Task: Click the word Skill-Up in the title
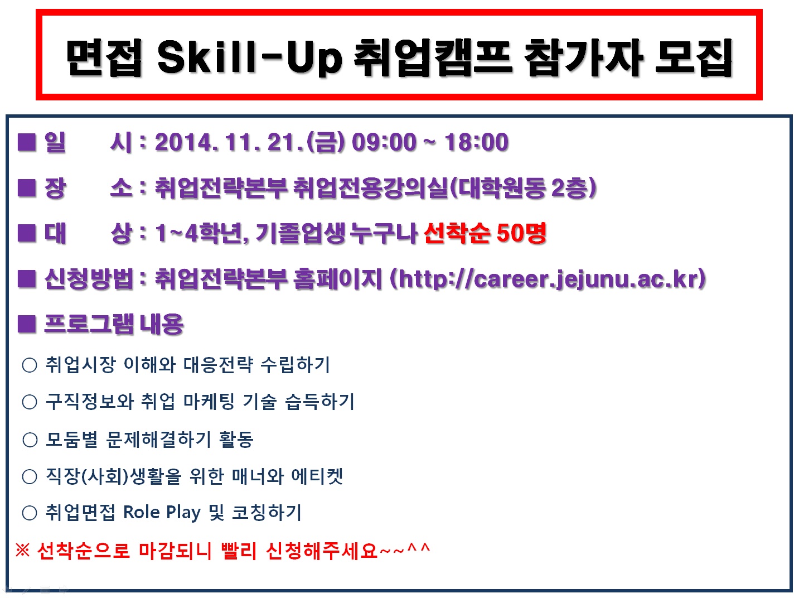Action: pyautogui.click(x=249, y=57)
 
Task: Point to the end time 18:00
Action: pyautogui.click(x=476, y=142)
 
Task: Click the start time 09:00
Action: pyautogui.click(x=384, y=142)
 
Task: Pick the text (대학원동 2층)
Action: pyautogui.click(x=523, y=188)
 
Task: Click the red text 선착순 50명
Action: pyautogui.click(x=485, y=233)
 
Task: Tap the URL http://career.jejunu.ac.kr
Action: pyautogui.click(x=548, y=278)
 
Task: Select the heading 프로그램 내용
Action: pyautogui.click(x=114, y=324)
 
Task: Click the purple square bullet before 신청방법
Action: pyautogui.click(x=27, y=278)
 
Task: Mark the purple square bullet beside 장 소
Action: pyautogui.click(x=27, y=188)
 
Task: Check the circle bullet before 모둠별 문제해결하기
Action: pyautogui.click(x=30, y=440)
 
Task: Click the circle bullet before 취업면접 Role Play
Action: pyautogui.click(x=30, y=513)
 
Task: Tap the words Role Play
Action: pyautogui.click(x=162, y=513)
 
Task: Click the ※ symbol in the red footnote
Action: pyautogui.click(x=22, y=551)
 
